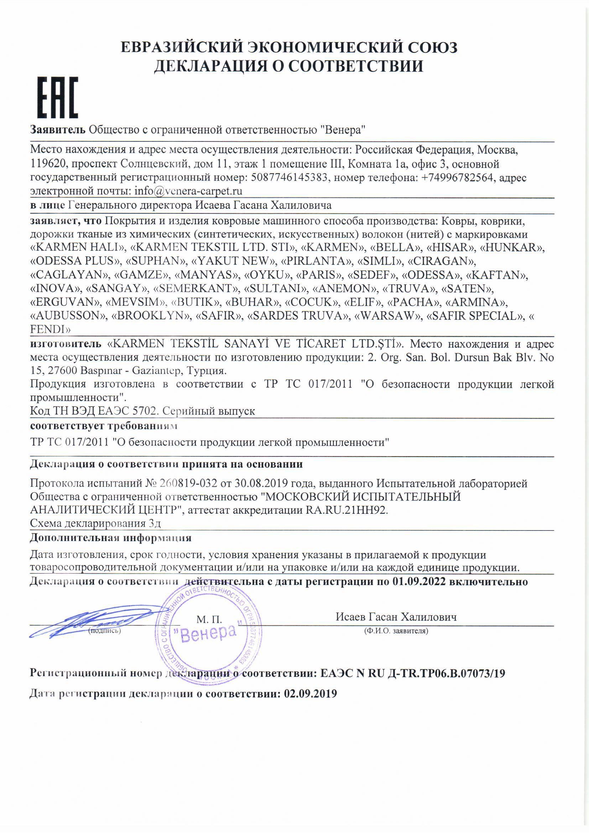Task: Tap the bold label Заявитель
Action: tap(58, 130)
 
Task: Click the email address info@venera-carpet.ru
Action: tap(188, 191)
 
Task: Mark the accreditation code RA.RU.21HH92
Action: tap(345, 510)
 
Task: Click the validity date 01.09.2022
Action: tap(421, 582)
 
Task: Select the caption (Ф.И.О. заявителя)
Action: tap(396, 631)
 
